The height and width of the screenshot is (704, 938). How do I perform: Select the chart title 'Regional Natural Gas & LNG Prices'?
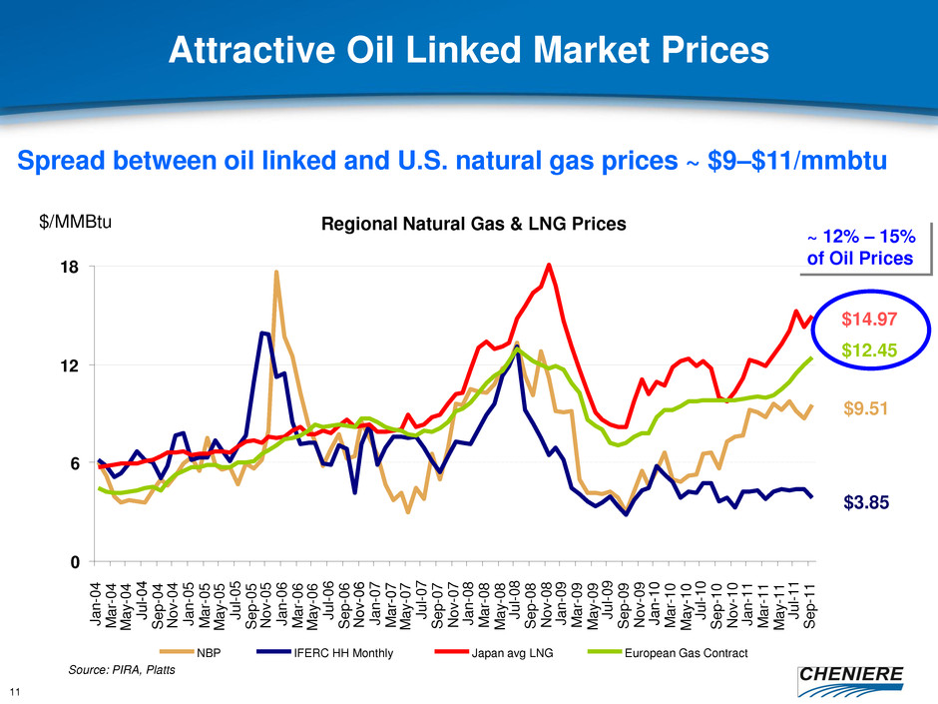point(467,225)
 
